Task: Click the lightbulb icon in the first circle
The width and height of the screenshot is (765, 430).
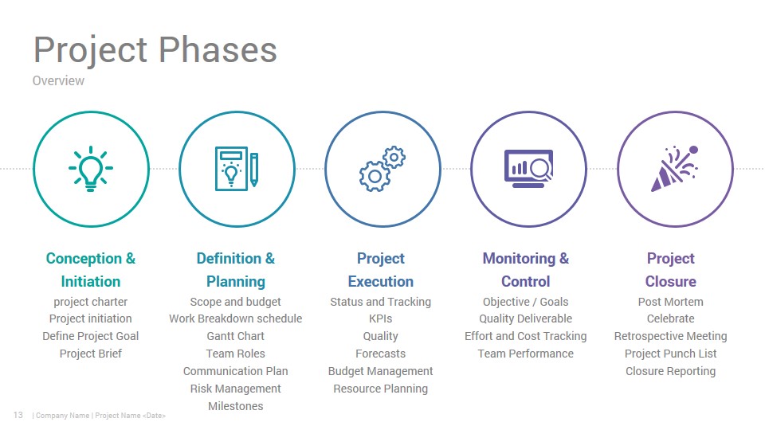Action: pos(91,168)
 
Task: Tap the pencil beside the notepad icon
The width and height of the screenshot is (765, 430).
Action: pos(253,170)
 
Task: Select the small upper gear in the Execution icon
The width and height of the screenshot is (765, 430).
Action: pos(394,157)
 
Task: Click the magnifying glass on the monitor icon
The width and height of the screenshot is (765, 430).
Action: pos(541,169)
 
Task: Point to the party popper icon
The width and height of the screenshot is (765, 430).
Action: pos(675,168)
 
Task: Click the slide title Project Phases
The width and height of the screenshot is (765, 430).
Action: pos(155,49)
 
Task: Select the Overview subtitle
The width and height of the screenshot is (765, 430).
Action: pos(58,80)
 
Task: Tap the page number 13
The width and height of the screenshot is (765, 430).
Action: pos(18,415)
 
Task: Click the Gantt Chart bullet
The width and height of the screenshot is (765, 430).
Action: pos(236,336)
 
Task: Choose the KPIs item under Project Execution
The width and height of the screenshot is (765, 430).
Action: pos(381,319)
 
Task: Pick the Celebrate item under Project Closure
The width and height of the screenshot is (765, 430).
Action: pos(671,319)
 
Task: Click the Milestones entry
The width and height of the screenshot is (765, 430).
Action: pos(236,406)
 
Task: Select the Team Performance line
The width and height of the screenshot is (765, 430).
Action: pos(526,354)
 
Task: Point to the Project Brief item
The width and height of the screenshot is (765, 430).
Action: pos(91,354)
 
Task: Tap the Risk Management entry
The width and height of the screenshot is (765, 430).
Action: pos(236,389)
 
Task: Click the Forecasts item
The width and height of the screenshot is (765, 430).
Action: pos(381,354)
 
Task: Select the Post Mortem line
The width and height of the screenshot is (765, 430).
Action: pos(671,302)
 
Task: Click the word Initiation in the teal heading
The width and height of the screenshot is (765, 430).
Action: pos(91,281)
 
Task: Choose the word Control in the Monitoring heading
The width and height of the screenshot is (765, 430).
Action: pos(526,281)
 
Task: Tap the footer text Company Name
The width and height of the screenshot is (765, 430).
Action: pos(62,416)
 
